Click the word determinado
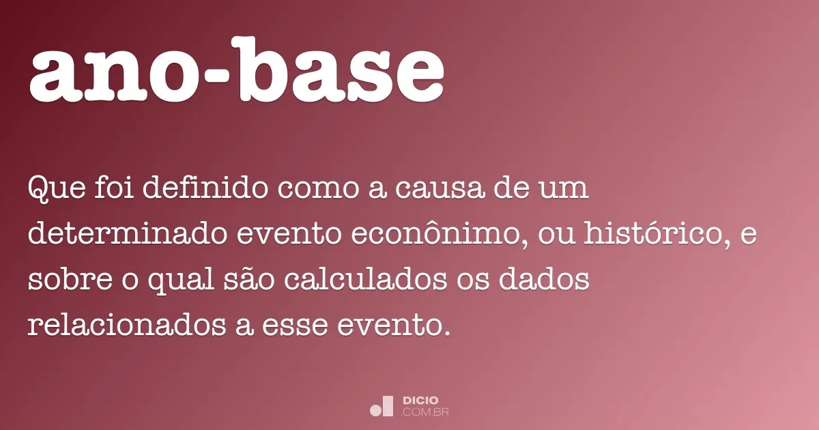(126, 235)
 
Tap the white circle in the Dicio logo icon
(375, 410)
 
